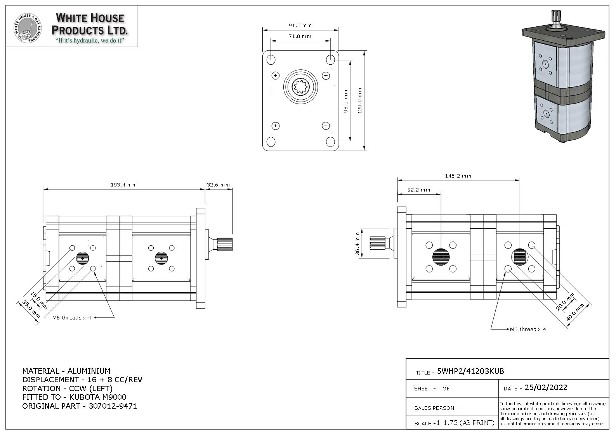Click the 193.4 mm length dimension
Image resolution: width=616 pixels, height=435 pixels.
[123, 185]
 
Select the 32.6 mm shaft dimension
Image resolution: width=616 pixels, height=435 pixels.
[218, 185]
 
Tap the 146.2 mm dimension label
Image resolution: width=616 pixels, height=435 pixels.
[458, 176]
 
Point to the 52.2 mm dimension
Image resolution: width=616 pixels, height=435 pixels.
[418, 190]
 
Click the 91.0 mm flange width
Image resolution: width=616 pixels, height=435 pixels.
[300, 26]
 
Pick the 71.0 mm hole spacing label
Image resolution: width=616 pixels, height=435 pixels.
[300, 36]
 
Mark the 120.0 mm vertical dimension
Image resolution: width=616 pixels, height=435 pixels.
[360, 100]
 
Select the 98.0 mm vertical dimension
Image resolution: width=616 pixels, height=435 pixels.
[346, 101]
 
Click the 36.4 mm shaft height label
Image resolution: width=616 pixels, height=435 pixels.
[357, 243]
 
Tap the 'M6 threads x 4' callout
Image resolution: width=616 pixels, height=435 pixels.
[72, 318]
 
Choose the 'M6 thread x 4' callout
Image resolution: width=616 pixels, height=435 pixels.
[528, 330]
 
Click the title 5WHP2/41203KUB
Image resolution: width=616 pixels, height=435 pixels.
[470, 371]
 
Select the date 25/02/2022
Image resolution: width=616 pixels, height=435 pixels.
[546, 388]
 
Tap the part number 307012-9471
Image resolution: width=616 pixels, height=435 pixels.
[113, 406]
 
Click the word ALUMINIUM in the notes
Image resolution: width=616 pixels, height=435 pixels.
[89, 371]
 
